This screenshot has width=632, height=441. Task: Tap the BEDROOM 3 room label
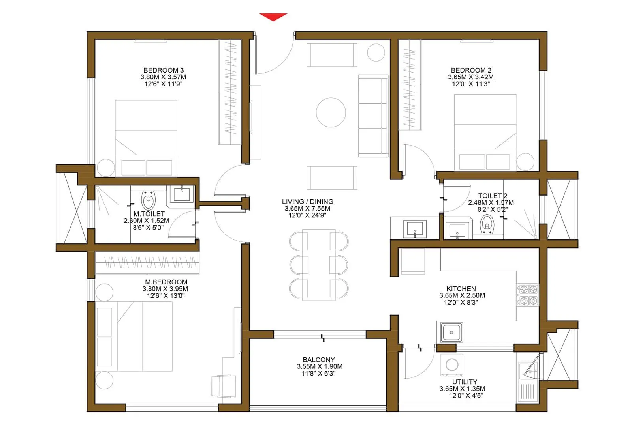163,70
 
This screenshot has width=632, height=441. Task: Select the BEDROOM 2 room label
471,70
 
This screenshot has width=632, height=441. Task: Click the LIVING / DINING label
307,202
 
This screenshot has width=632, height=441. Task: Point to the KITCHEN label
461,289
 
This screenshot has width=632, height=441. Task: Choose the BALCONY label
318,360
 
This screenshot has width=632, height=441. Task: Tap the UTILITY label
465,382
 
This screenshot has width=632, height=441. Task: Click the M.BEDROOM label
166,282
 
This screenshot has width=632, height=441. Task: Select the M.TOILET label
149,214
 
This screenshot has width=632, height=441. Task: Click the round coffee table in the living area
331,112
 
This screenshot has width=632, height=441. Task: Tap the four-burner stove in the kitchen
529,295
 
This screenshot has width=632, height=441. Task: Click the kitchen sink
451,332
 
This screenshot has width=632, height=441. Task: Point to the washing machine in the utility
452,364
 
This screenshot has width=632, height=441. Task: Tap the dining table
319,265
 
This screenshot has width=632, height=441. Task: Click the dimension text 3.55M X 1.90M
320,366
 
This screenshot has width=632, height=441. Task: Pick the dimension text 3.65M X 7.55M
307,208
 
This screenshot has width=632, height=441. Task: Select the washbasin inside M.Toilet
182,194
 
